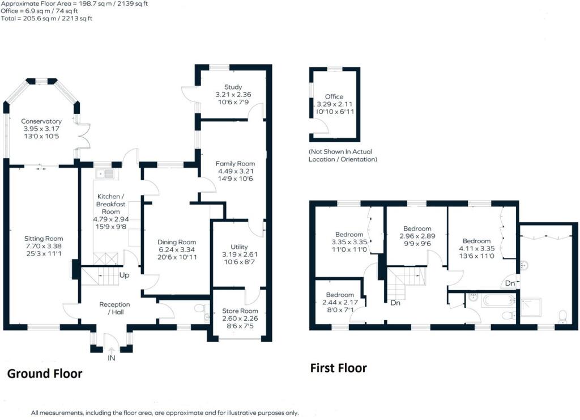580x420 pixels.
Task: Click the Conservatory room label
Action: (41, 121)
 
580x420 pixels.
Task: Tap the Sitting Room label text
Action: (44, 239)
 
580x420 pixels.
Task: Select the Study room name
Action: (233, 87)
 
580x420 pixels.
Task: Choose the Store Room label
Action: (240, 311)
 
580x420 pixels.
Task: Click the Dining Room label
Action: (176, 243)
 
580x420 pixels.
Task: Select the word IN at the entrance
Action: (111, 358)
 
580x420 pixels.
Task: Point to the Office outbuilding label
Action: (334, 97)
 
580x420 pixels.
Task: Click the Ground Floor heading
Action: (44, 374)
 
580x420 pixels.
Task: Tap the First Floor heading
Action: (338, 368)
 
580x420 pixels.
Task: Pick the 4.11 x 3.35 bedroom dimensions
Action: (479, 248)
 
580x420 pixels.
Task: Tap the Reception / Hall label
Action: (112, 308)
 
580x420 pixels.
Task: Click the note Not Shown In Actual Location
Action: (342, 156)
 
